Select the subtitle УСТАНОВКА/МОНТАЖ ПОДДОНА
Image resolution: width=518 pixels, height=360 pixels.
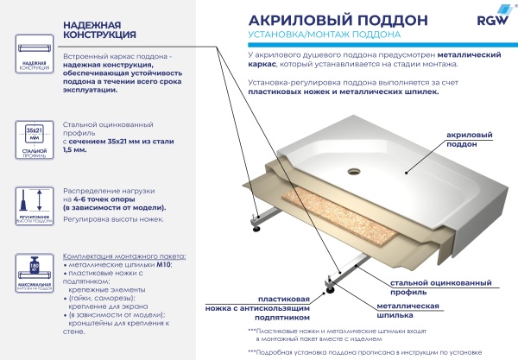(x=323, y=35)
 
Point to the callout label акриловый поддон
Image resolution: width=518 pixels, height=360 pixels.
(x=472, y=142)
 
